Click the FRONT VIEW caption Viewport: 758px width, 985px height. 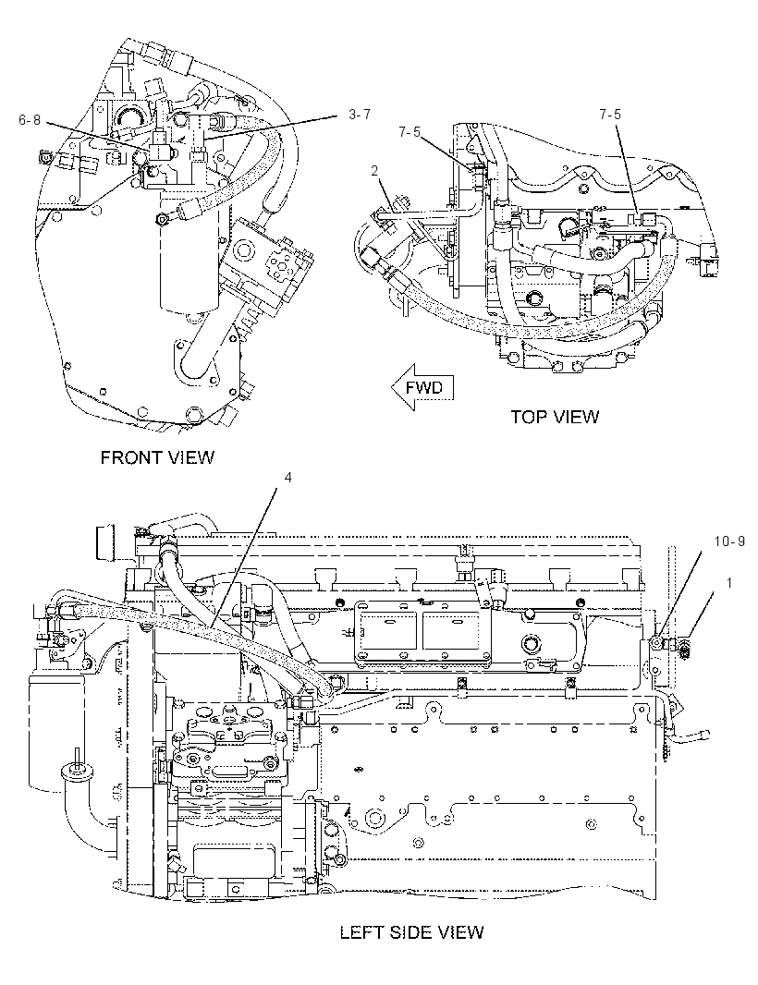point(157,457)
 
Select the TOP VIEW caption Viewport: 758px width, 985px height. point(555,417)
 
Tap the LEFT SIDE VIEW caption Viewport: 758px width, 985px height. point(411,931)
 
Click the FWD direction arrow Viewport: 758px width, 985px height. point(422,387)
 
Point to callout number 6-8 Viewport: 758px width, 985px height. point(30,120)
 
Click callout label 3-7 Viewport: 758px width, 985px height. point(359,115)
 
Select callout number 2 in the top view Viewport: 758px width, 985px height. point(374,170)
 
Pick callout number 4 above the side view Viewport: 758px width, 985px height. point(287,478)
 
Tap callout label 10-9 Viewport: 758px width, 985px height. point(729,541)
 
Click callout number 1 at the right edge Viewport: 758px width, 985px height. point(729,583)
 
